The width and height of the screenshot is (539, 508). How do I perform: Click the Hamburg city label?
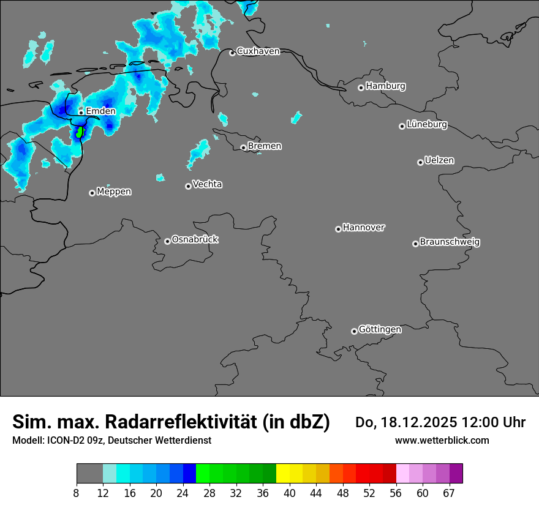pos(385,86)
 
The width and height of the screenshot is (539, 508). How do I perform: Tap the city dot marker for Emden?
pos(81,113)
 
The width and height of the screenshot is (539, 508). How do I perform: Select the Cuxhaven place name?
pos(258,51)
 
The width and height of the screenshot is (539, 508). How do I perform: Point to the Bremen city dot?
pos(243,148)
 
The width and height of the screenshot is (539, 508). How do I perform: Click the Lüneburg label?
pos(427,125)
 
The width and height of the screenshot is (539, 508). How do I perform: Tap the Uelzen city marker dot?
pos(420,162)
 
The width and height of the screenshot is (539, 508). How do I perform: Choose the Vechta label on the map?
pos(207,184)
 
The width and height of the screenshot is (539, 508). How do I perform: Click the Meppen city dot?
pos(92,193)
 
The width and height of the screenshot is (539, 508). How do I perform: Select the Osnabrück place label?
pos(195,239)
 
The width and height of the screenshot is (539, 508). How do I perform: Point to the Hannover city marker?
pos(338,229)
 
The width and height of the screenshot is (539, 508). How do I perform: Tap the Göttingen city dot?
pos(354,331)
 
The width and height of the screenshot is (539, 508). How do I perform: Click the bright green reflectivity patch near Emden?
pos(79,132)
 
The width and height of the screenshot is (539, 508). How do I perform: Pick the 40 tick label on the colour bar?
pos(290,493)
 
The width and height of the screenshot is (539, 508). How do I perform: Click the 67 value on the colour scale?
pos(449,493)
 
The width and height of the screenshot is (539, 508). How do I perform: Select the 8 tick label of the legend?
pos(77,493)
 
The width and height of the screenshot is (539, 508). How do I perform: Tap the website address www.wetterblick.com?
pos(442,440)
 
